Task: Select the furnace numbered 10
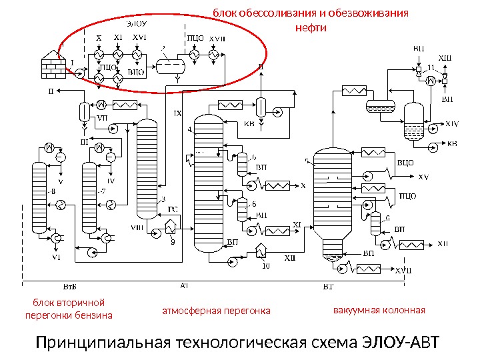263,251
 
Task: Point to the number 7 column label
102,192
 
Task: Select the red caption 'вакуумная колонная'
378,311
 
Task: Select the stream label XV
424,177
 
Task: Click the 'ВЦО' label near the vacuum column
406,162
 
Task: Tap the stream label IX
178,113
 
